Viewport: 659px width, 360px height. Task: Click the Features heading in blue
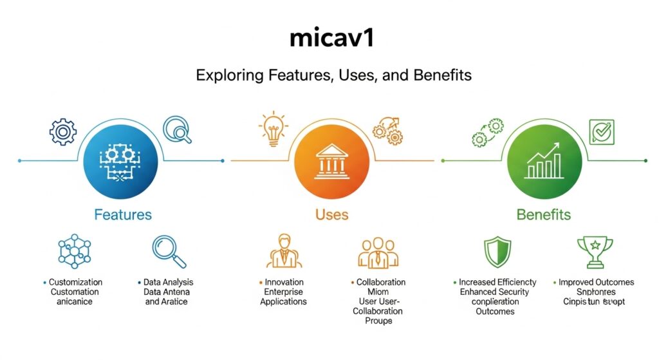pos(123,214)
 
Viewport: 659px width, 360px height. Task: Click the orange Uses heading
pos(331,214)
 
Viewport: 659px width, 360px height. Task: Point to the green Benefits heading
pos(544,214)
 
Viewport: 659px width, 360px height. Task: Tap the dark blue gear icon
pos(63,131)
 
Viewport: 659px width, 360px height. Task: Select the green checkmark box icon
pos(602,131)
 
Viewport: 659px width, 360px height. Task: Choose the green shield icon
pos(497,252)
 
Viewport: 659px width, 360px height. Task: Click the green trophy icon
pos(595,251)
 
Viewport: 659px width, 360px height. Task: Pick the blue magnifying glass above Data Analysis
pos(169,252)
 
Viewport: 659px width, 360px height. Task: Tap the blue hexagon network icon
pos(75,252)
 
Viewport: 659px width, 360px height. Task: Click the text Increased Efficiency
pos(497,282)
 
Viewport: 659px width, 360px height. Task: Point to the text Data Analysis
pos(169,282)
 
